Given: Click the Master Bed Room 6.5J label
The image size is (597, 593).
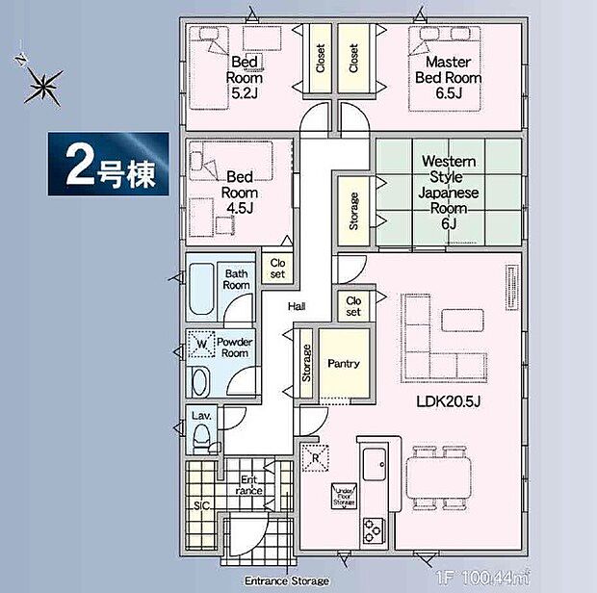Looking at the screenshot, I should click(448, 77).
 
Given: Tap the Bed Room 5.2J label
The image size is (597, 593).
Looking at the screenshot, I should click(244, 78).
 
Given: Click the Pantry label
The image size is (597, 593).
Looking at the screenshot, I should click(343, 364).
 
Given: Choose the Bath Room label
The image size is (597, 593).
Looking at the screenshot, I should click(236, 279).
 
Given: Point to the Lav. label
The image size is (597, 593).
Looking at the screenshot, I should click(201, 416).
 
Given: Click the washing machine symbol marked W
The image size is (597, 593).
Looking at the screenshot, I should click(202, 344).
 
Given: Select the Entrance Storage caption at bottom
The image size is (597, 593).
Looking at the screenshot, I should click(286, 580).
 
